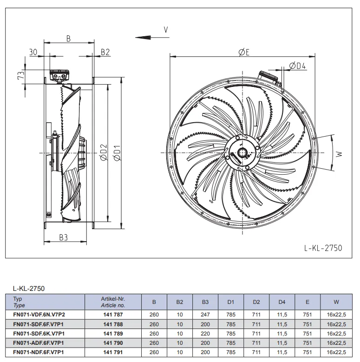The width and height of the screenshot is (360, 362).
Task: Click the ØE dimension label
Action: tap(244, 53)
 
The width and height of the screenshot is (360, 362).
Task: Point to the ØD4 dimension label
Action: tap(297, 66)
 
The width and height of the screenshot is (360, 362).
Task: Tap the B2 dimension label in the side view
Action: tap(105, 52)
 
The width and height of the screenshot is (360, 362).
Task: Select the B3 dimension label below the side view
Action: tap(64, 237)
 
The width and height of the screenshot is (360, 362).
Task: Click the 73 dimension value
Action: tap(21, 75)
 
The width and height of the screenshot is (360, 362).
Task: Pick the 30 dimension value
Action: tap(33, 52)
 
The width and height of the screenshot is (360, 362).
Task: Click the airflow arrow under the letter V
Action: tap(152, 37)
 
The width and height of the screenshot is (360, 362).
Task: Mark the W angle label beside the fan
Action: tap(339, 154)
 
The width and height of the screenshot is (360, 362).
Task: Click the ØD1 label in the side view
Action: tap(117, 153)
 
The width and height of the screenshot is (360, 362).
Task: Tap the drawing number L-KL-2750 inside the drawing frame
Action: tap(323, 248)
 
